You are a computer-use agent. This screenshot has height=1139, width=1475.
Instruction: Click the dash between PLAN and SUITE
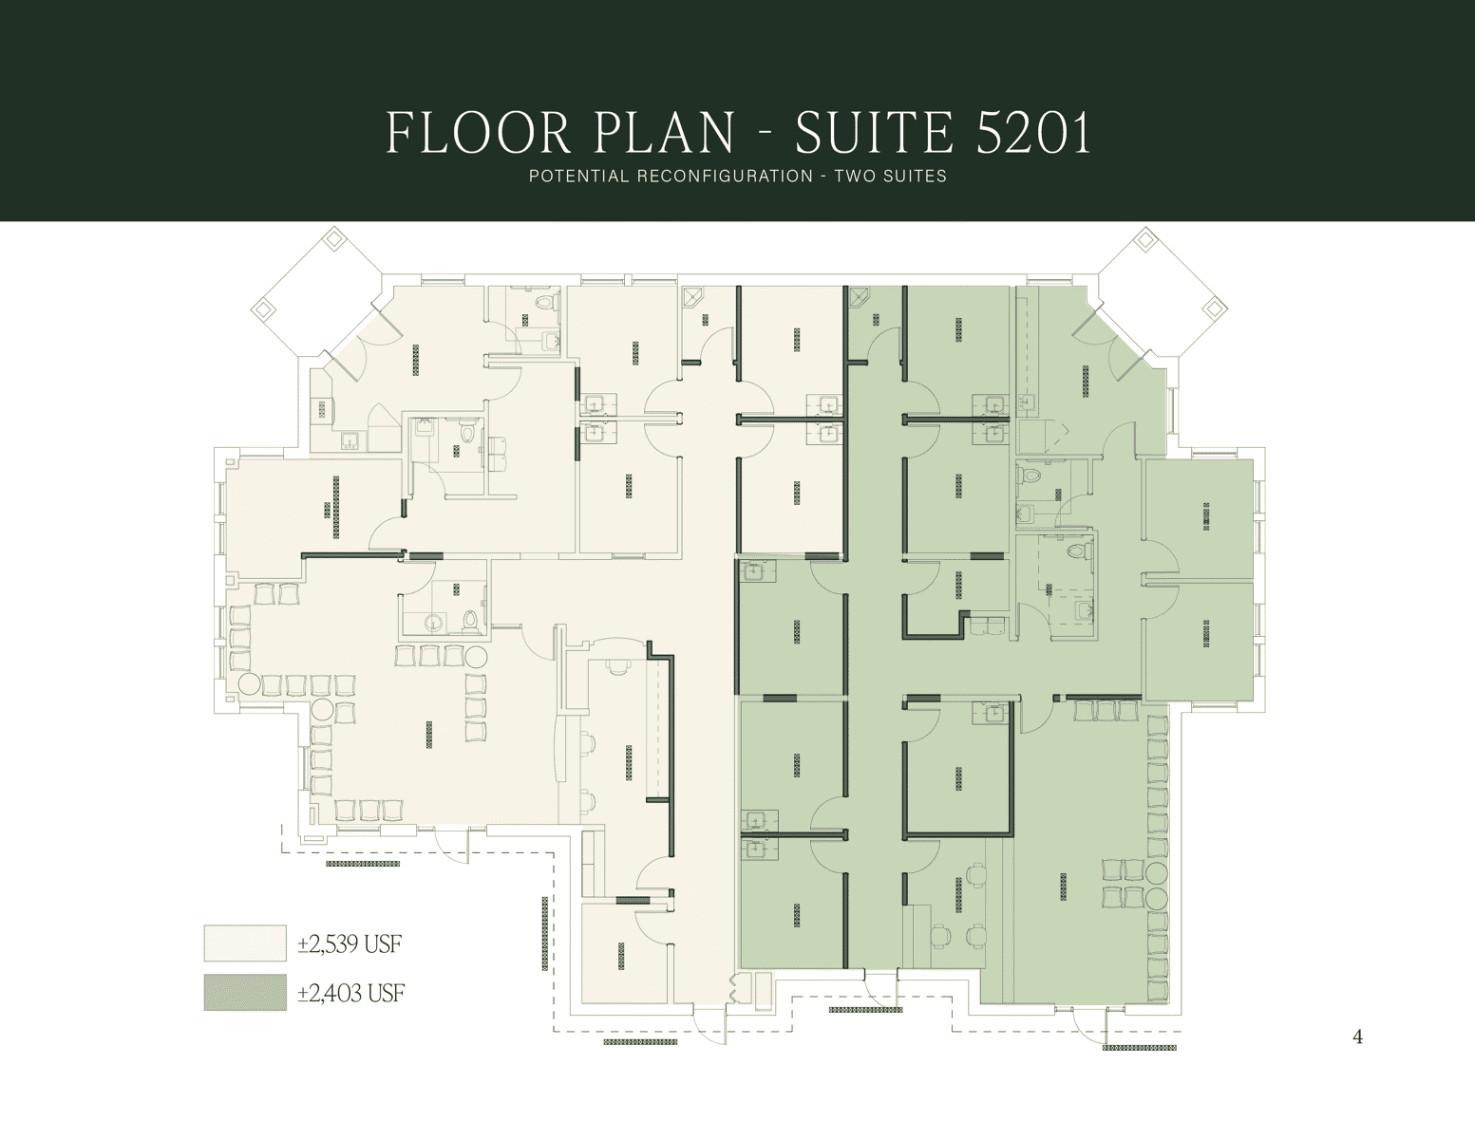765,134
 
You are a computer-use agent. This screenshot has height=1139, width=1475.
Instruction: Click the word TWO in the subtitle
856,176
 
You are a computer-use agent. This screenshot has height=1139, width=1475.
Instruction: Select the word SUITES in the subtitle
917,176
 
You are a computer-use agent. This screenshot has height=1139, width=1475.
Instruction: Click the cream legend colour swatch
245,943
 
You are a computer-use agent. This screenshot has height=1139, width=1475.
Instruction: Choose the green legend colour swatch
245,993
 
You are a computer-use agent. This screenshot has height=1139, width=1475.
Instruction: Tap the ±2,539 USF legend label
350,943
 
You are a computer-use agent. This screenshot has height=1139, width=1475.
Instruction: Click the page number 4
1357,1036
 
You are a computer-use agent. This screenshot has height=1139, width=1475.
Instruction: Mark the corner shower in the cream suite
693,297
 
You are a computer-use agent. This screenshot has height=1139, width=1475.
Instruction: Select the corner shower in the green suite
859,297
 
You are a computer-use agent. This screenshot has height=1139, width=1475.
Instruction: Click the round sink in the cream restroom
434,622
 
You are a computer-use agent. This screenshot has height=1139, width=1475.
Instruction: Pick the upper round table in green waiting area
1157,872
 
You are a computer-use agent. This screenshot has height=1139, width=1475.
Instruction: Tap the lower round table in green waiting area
1157,897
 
